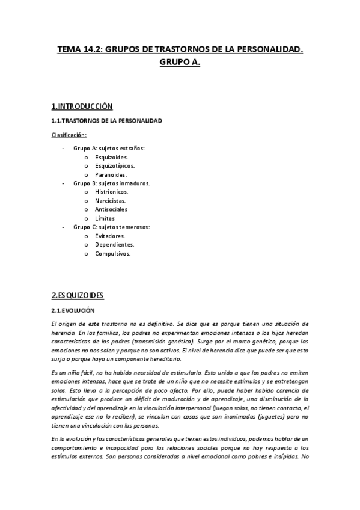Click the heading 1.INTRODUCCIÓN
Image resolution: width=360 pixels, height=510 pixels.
coord(82,106)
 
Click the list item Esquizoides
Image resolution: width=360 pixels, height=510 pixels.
coord(112,156)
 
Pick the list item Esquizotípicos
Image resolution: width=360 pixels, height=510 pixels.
coord(115,165)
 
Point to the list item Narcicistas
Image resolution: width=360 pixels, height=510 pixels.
coord(111,200)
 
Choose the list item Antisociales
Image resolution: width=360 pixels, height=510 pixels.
coord(111,209)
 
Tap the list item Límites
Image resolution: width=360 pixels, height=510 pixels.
coord(105,218)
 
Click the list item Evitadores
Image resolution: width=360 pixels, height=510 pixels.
coord(110,236)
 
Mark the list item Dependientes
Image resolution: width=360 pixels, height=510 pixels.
coord(114,245)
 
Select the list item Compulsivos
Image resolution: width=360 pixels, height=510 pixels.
coord(112,254)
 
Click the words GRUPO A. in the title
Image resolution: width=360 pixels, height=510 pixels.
coord(180,62)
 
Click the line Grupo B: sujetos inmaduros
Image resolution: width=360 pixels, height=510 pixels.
coord(112,183)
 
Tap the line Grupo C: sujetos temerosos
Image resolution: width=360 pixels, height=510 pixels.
coord(112,227)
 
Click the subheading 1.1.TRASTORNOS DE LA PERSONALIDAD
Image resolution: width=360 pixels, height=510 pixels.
coord(106,121)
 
